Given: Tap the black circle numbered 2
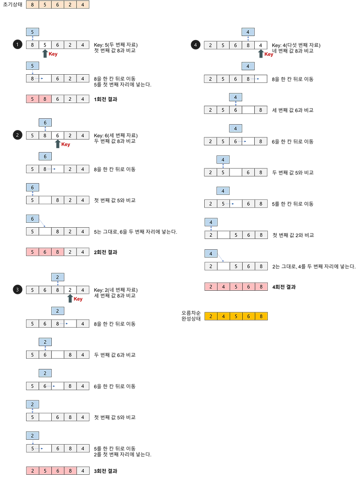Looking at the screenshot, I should pos(17,135).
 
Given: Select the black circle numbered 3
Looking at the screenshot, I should pos(17,290).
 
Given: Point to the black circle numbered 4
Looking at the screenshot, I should pos(195,45).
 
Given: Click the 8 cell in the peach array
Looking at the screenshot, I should pos(32,5).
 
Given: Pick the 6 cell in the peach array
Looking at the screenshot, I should pos(58,5).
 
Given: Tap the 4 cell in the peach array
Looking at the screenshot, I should pos(83,5).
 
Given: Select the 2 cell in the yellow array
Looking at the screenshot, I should pos(211,316).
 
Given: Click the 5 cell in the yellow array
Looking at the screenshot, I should pos(236,316).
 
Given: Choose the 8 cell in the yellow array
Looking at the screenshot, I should pos(261,316).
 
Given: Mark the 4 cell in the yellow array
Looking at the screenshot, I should pos(224,316).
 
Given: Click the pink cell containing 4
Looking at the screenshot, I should pos(224,287).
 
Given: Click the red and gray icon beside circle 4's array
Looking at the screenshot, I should pos(265,54).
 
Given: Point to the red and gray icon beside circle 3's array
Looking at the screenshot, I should pos(75,299).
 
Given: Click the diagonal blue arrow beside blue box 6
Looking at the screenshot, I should pos(43,223).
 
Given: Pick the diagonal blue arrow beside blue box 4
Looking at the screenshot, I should pos(221,257).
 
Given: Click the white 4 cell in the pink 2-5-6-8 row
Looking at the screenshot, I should pos(83,471).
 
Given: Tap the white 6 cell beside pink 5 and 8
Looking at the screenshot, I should pos(58,99).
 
